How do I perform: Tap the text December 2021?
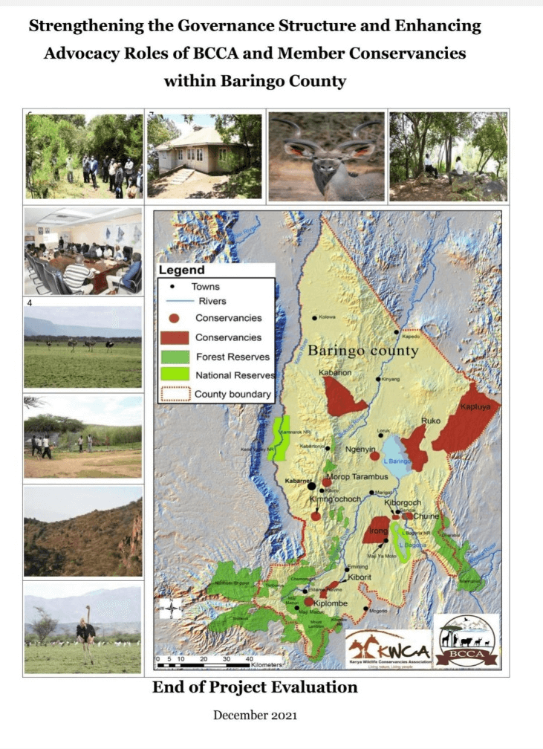[x=255, y=715]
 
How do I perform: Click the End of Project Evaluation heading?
[x=255, y=687]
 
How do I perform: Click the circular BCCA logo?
[x=466, y=640]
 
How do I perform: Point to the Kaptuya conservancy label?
[x=475, y=407]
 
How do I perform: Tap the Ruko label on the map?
[x=431, y=421]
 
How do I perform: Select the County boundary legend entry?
[x=233, y=395]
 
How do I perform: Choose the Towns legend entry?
[x=205, y=286]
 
